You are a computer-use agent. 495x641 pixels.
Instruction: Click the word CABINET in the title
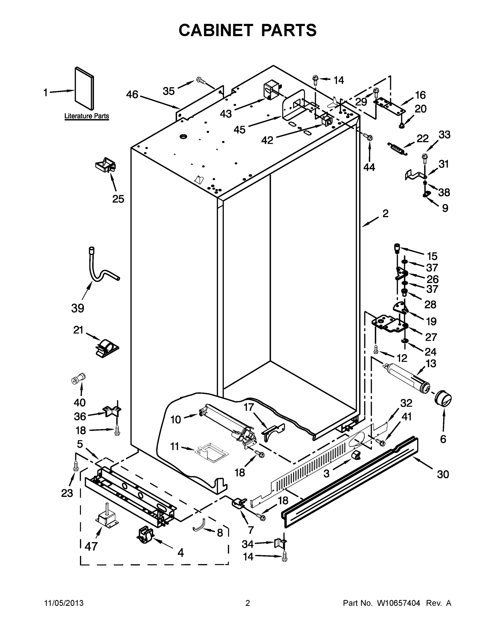click(216, 30)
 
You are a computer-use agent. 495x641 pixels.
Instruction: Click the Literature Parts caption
click(86, 116)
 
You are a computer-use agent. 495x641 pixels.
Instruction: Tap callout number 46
click(132, 95)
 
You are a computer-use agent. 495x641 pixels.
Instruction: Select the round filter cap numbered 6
click(442, 399)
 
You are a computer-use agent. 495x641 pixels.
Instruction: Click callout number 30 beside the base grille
click(443, 474)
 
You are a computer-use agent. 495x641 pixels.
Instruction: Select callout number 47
click(91, 546)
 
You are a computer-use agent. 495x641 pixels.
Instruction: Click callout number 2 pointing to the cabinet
click(385, 214)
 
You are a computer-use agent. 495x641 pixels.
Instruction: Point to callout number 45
click(239, 130)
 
